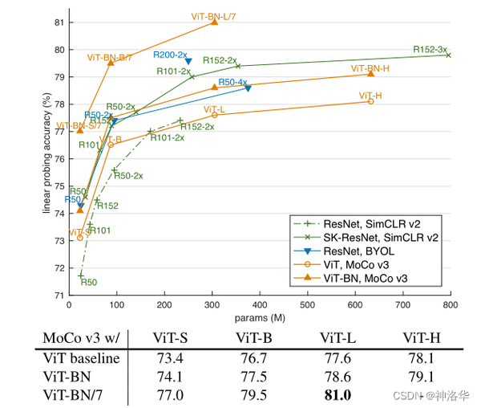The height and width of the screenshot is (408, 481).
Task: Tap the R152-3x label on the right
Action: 430,49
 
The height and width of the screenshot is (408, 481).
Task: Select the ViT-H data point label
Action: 370,96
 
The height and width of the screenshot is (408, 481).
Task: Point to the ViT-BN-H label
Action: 370,67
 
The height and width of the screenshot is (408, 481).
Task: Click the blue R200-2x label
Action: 169,55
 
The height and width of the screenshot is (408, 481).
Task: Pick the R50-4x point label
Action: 232,82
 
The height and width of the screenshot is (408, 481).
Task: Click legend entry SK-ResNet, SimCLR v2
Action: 381,237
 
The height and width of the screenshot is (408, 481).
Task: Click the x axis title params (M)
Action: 249,316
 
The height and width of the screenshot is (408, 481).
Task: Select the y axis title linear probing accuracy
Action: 48,157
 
